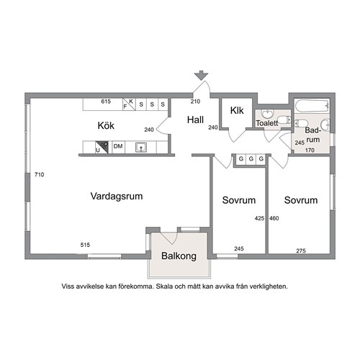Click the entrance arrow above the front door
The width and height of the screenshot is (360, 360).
pos(201,75)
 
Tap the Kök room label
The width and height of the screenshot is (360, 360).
pos(106,125)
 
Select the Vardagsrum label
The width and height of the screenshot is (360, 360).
pos(117,196)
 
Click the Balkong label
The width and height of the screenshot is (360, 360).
pos(179,256)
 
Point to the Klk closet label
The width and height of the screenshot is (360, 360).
pos(237,110)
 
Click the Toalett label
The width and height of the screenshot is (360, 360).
pos(267,123)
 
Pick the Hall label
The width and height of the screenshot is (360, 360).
pos(195,120)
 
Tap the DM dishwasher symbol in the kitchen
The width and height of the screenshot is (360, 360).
pos(118,146)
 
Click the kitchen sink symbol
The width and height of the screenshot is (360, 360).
pos(141,147)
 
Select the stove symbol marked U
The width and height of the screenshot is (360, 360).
pos(102,147)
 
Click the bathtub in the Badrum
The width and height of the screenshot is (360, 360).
pos(312,106)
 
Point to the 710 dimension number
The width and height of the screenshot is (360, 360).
pos(40,174)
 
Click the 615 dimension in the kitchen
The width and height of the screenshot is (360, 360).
pos(106,102)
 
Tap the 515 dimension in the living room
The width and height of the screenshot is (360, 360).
pos(85,245)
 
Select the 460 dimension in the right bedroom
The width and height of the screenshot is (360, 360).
pos(274,218)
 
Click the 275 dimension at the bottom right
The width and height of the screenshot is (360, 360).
pos(301,251)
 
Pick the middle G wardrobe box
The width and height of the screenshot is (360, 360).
pos(251,159)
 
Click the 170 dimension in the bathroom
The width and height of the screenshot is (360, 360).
pos(310,150)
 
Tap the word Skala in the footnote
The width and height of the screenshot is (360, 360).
pos(164,287)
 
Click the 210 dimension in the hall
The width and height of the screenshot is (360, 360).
pos(195,102)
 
